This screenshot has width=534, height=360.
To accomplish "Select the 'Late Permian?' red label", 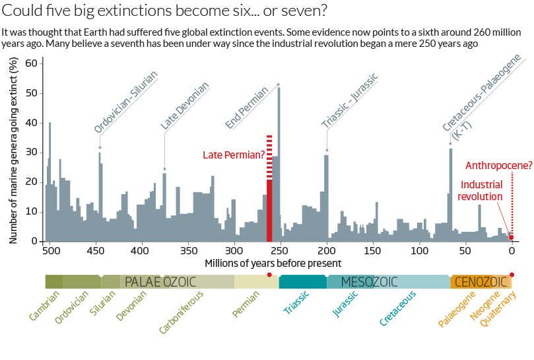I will point(233,155).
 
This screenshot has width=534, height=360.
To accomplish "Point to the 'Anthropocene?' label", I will point(499,165).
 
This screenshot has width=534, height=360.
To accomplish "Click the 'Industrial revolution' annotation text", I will point(481,191).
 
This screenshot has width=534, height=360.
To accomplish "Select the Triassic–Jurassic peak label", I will point(350,100).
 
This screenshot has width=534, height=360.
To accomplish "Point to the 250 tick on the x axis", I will point(280,251).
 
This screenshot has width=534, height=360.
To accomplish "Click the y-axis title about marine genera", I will point(13,151).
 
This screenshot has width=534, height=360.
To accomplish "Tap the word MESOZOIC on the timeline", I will point(370,282).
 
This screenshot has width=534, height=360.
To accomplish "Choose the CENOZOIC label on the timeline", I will point(481,282).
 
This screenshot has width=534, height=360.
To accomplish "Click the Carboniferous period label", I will point(178,313).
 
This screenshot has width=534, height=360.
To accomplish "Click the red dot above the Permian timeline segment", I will point(269,274).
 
